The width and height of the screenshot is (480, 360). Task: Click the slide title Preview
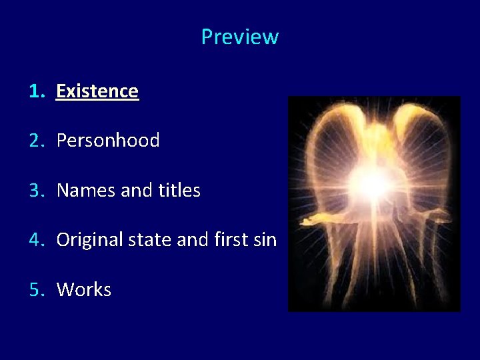tap(239, 37)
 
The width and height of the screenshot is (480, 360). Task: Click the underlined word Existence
tap(97, 91)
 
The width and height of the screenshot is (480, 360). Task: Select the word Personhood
tap(108, 141)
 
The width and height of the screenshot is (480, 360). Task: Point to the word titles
tap(179, 191)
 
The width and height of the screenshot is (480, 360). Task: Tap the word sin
tap(265, 240)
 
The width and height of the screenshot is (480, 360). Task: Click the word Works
tap(84, 290)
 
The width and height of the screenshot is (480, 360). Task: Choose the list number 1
tap(36, 91)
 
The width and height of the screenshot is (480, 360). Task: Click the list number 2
tap(36, 141)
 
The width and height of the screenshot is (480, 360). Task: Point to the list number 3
tap(36, 191)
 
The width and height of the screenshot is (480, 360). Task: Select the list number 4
tap(36, 240)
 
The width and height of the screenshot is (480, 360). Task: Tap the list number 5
tap(36, 290)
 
